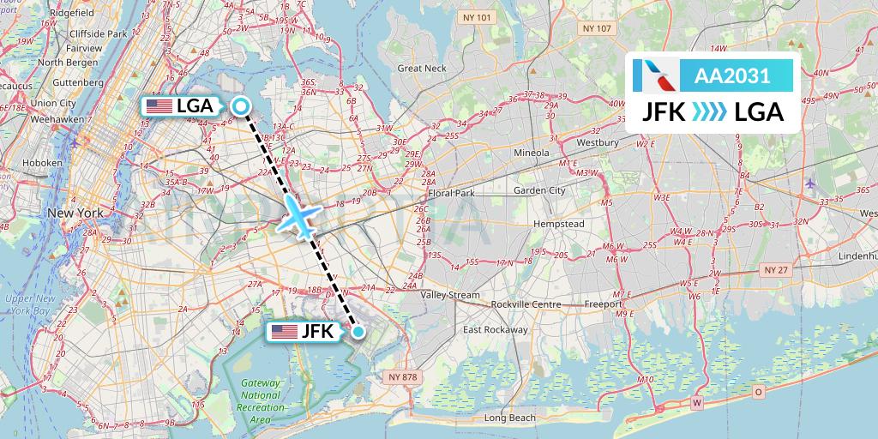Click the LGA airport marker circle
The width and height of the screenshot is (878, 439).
coord(241,106)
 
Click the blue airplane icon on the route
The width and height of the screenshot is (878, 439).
coord(299,217)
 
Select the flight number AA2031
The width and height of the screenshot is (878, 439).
coord(731,75)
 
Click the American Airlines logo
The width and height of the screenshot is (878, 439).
coord(656,75)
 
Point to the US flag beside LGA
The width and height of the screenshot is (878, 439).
coord(159,106)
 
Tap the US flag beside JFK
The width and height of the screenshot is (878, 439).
coord(283,332)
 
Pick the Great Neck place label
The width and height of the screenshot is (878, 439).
coord(422,68)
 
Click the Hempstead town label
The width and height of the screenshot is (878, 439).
coord(558,224)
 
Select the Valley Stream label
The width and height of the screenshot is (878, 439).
coord(451,295)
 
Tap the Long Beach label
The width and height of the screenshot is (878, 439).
coord(509,418)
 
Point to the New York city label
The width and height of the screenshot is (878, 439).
coord(75,213)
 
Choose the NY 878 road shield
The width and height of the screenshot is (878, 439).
coord(402,376)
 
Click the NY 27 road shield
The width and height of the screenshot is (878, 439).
coord(775,269)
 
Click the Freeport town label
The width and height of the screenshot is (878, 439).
coord(602,304)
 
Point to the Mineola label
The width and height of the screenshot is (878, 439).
coord(532,153)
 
